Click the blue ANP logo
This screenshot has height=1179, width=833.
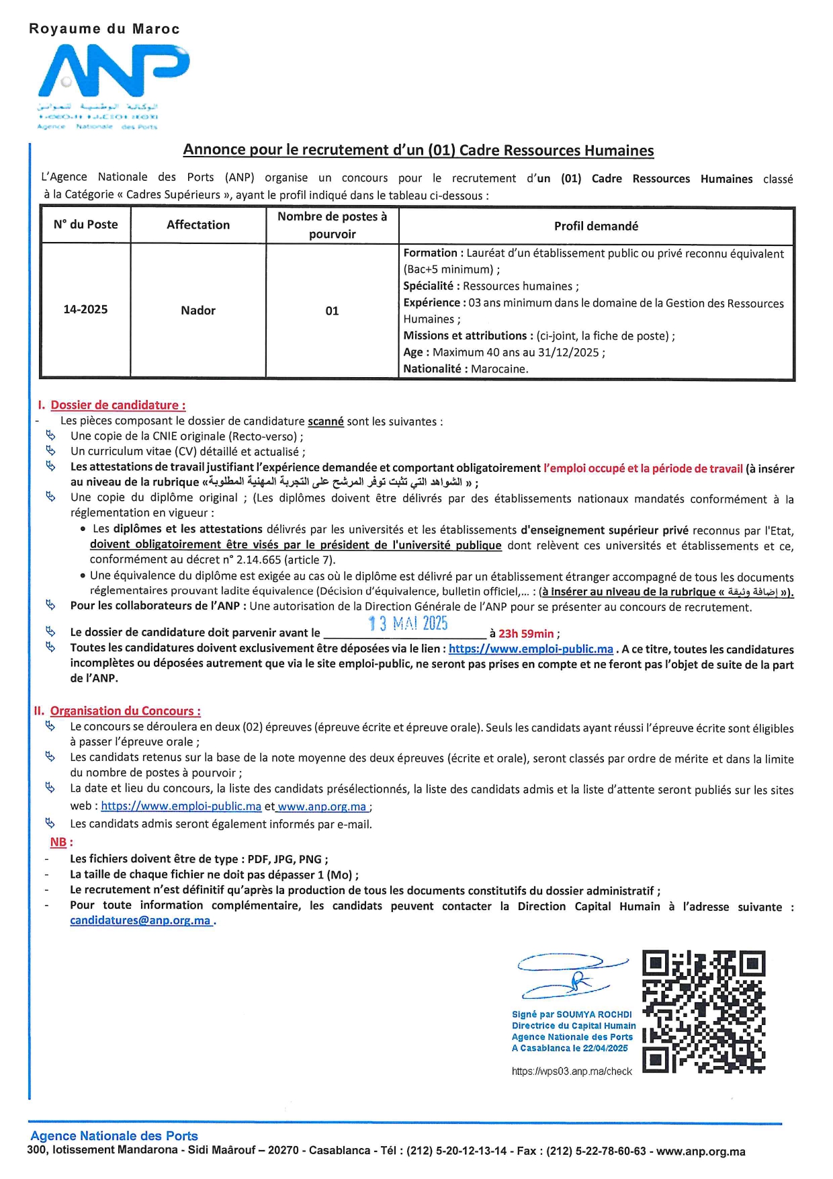113,71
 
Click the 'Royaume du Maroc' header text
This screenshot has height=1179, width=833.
104,29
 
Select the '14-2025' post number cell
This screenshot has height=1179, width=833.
85,309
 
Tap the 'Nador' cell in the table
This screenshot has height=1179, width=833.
198,310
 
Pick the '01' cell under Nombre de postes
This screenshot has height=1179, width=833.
332,311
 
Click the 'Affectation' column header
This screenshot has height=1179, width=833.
198,225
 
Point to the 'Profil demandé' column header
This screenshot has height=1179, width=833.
596,226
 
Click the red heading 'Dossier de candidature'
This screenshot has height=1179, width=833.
118,405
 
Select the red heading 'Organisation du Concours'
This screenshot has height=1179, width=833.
125,710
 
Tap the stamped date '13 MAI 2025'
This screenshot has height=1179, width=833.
408,623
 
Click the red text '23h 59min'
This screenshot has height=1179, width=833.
526,633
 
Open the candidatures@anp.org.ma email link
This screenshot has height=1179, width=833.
140,920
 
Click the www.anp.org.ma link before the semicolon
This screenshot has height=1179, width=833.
322,806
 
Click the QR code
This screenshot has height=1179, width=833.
703,1012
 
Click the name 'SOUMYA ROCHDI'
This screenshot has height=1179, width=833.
595,1014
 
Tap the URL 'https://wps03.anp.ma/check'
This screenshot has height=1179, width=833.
572,1071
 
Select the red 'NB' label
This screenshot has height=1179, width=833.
58,842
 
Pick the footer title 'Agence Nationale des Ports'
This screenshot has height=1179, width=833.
114,1135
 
